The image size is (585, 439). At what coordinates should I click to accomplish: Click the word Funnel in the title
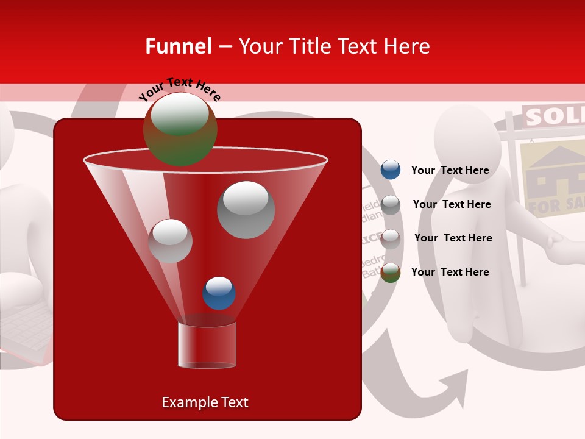(x=179, y=46)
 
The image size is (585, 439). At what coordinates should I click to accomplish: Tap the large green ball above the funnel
(x=180, y=129)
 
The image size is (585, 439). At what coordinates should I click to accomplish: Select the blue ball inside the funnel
(x=219, y=293)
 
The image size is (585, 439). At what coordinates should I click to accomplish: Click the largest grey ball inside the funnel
(x=246, y=210)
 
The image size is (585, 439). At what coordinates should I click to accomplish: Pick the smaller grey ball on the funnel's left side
(x=170, y=241)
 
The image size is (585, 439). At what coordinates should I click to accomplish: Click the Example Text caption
(x=205, y=402)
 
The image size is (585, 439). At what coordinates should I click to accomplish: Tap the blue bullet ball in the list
(x=391, y=170)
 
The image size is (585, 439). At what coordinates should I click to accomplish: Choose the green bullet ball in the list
(x=391, y=273)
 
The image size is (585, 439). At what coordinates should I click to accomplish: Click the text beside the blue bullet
(x=450, y=170)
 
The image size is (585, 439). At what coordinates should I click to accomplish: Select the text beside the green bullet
(x=450, y=272)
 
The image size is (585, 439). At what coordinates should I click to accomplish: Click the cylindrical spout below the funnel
(x=207, y=345)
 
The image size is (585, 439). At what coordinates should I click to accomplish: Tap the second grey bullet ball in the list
(x=391, y=239)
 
